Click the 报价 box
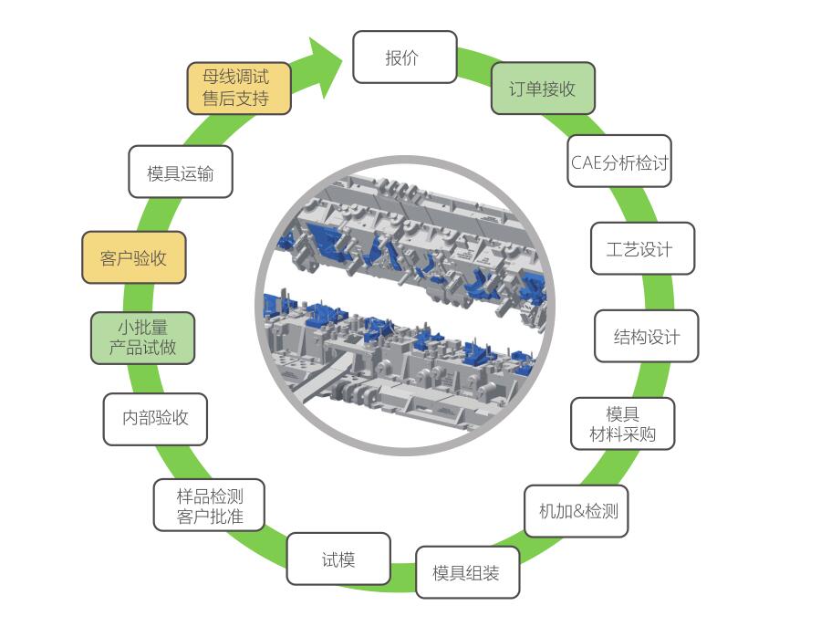point(404,57)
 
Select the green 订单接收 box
point(543,89)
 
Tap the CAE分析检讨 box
point(619,163)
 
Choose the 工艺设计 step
point(641,249)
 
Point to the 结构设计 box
point(647,337)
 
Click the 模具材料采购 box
point(622,424)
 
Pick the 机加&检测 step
point(577,511)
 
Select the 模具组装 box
point(467,573)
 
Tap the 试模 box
point(338,559)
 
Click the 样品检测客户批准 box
point(210,506)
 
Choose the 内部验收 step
point(155,419)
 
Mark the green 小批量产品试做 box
point(142,337)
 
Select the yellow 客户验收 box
point(134,258)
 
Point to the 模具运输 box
point(180,172)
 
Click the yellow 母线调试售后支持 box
point(239,88)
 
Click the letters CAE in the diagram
point(586,164)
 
